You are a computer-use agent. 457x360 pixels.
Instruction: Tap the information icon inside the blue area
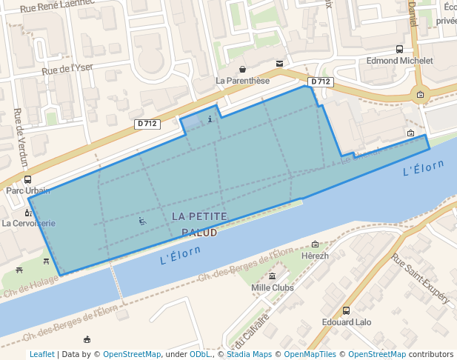pos(210,119)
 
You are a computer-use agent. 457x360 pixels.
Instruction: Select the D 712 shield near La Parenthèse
pos(320,81)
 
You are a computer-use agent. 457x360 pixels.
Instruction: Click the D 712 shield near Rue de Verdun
pos(147,124)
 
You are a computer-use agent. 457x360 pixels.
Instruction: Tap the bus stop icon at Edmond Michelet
pos(400,50)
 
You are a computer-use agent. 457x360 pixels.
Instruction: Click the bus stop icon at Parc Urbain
pos(27,179)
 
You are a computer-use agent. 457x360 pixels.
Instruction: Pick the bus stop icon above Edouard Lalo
pos(346,311)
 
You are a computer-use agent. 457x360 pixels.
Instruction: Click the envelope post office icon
pos(278,64)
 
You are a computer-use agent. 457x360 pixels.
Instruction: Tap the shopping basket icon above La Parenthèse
pos(242,69)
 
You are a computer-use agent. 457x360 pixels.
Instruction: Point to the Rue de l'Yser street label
pos(67,70)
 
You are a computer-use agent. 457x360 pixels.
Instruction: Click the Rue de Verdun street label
pos(20,137)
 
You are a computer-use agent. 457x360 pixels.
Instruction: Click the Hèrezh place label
pos(316,256)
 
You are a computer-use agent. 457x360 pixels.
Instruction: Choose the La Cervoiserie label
pos(28,222)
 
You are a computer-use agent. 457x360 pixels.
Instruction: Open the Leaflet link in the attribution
pos(41,354)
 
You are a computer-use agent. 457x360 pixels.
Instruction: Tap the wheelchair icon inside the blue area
pos(142,220)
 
